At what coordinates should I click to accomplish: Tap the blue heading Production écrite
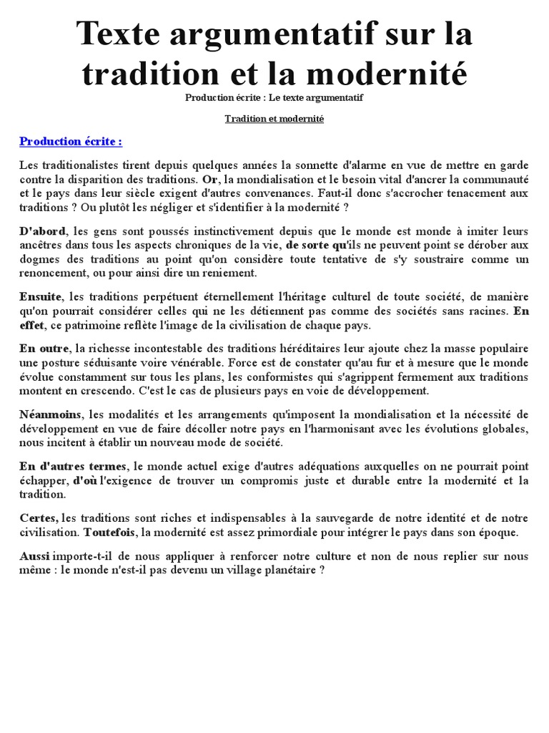[71, 140]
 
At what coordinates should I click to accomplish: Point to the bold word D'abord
[42, 231]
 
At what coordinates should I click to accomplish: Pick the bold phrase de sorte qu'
[316, 245]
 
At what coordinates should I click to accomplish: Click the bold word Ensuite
[41, 297]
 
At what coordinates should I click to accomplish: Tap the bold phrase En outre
[44, 349]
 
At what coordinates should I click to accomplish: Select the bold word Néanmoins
[51, 414]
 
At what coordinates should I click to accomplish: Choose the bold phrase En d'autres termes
[73, 467]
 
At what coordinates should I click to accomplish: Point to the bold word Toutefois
[110, 533]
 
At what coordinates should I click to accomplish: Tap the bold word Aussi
[34, 557]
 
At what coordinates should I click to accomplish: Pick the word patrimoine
[89, 325]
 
